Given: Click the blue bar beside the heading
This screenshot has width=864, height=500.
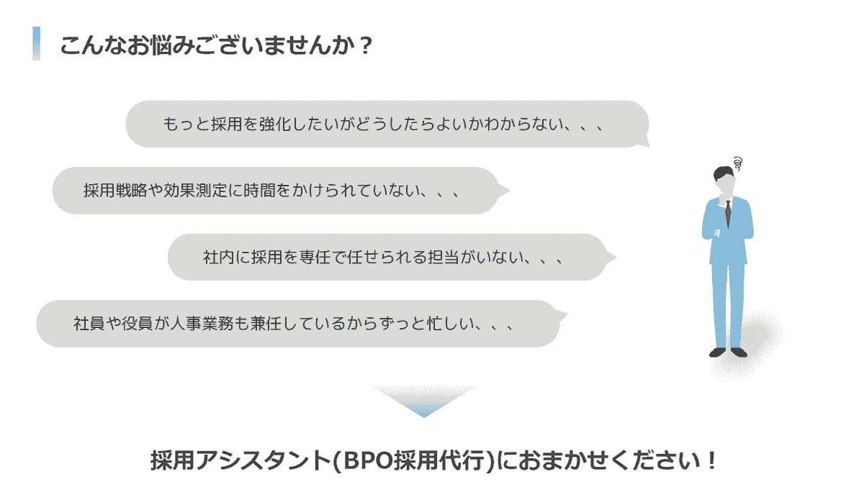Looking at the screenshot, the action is pos(36,43).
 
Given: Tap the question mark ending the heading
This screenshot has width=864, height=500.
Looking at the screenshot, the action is pos(365,45).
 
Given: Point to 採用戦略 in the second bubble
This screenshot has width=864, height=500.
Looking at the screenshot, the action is pos(115,191).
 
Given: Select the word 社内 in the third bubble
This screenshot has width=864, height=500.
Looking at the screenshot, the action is pos(219,257).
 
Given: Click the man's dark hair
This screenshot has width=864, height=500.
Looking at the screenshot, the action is pos(722,173).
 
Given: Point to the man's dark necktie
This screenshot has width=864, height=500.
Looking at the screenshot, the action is pos(728,214).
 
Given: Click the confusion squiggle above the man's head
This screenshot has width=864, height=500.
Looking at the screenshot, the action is pos(738,163).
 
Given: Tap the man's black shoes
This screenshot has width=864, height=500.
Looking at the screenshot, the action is pos(728,353).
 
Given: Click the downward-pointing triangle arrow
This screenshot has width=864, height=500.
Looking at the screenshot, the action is pos(424,401).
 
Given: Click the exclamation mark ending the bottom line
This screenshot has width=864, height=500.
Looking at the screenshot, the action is pos(712,460).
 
